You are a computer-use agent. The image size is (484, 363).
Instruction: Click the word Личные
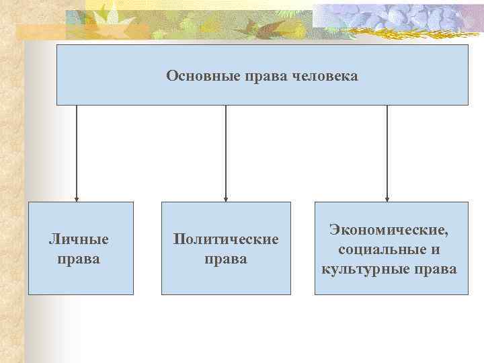tap(79, 239)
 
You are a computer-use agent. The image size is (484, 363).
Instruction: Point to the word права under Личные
tap(80, 258)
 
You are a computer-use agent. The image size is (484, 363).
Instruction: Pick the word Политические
tap(226, 239)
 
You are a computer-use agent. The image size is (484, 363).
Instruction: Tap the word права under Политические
tap(226, 258)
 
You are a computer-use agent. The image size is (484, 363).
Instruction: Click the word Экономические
tap(389, 230)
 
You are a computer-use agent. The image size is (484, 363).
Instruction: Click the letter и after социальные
tap(436, 250)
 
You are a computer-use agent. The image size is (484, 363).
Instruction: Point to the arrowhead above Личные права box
tap(77, 199)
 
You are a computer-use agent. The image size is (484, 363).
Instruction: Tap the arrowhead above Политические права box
tap(226, 199)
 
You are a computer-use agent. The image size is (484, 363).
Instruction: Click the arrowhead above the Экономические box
tap(387, 199)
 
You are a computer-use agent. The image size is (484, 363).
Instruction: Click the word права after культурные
tap(438, 269)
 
